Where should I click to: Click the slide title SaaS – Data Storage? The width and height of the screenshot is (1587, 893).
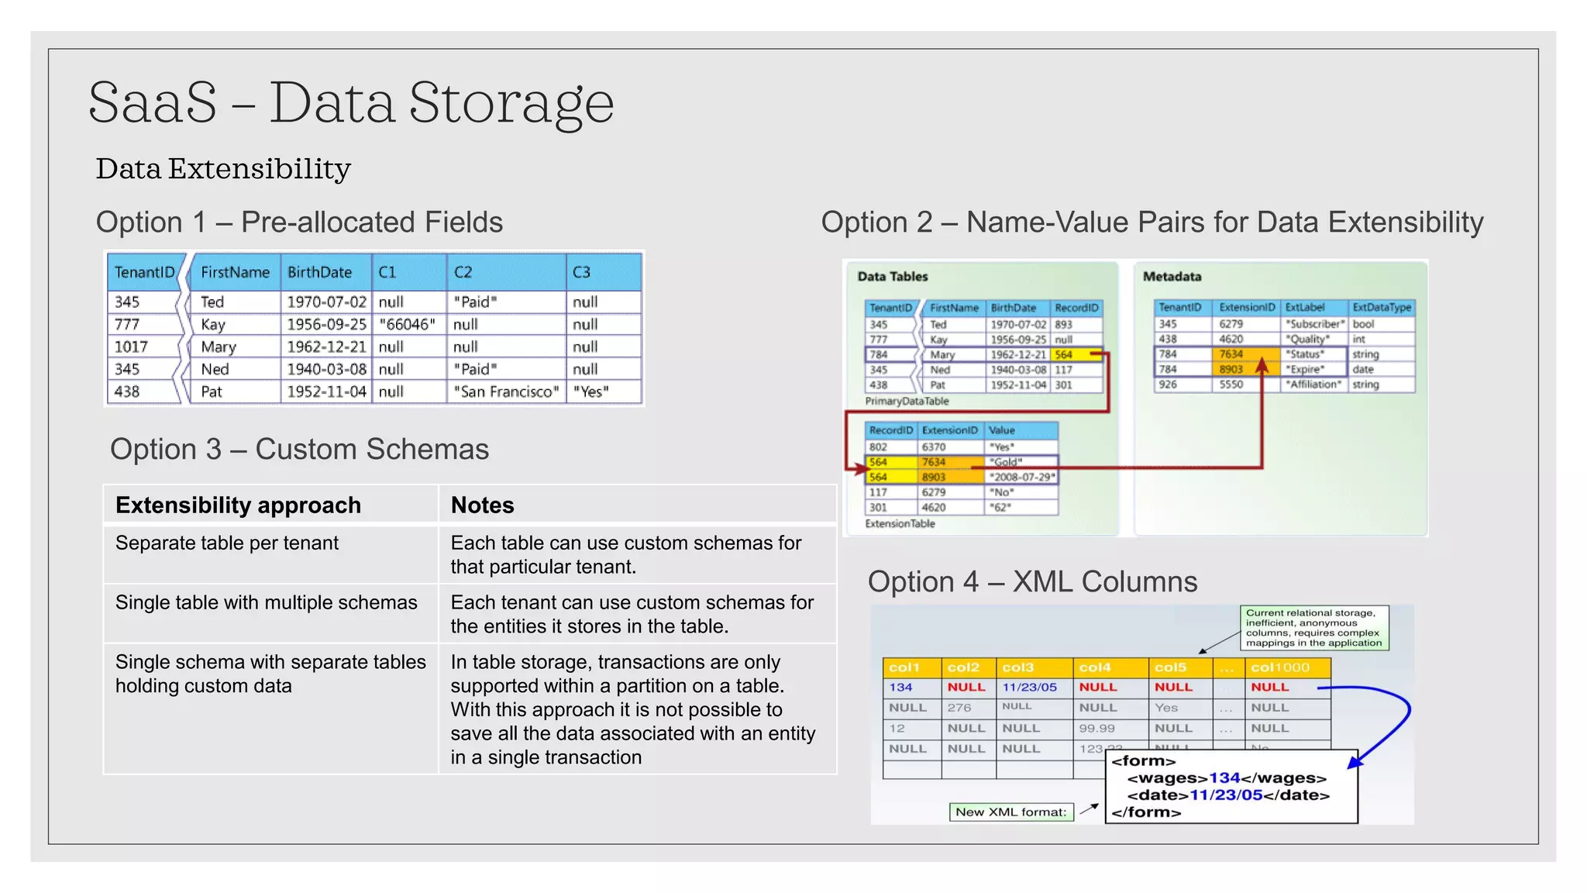pyautogui.click(x=351, y=102)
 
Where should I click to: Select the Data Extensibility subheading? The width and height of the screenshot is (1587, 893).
pyautogui.click(x=223, y=169)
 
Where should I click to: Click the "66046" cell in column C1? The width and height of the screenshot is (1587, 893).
pyautogui.click(x=408, y=324)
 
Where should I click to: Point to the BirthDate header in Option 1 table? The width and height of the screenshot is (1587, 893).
pyautogui.click(x=319, y=272)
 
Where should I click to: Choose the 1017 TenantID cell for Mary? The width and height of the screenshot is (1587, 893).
pyautogui.click(x=131, y=347)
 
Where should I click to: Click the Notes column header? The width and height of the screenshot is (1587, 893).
pyautogui.click(x=482, y=505)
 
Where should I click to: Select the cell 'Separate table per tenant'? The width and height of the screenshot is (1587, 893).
pyautogui.click(x=227, y=543)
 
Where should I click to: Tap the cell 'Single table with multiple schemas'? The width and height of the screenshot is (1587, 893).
pyautogui.click(x=266, y=602)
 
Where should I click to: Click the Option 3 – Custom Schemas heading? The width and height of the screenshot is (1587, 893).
pyautogui.click(x=299, y=450)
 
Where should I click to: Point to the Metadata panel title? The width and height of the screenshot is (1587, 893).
pyautogui.click(x=1172, y=277)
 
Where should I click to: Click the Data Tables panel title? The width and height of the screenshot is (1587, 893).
pyautogui.click(x=892, y=277)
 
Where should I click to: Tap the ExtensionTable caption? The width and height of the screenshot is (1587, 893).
pyautogui.click(x=900, y=524)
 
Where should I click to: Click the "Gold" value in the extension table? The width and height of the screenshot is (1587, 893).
pyautogui.click(x=1007, y=462)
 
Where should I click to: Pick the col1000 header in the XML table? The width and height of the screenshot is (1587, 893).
pyautogui.click(x=1279, y=667)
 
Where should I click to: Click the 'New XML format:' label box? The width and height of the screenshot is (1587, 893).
pyautogui.click(x=1010, y=812)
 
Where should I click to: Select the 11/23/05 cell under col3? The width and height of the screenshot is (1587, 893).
pyautogui.click(x=1029, y=688)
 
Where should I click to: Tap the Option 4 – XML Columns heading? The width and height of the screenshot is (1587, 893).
pyautogui.click(x=1032, y=582)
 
